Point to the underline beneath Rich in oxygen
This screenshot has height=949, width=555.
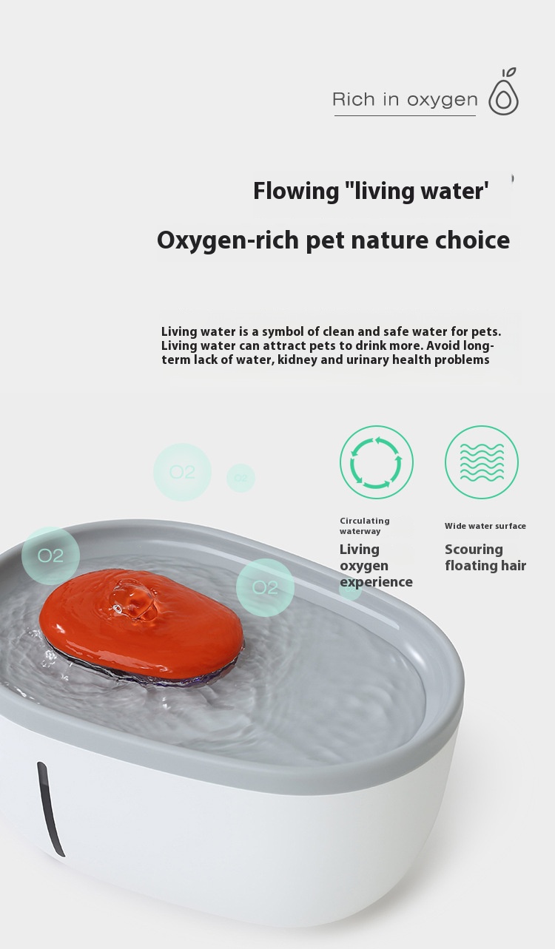(405, 115)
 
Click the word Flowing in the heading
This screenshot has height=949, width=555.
(296, 191)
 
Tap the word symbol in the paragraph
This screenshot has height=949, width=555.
(283, 331)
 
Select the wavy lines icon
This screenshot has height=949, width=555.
(482, 462)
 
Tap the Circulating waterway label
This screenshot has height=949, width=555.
(365, 526)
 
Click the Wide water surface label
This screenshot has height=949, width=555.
(485, 526)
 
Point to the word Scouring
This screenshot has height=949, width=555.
(474, 550)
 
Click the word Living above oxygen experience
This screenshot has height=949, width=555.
(360, 550)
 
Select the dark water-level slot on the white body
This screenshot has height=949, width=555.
(50, 809)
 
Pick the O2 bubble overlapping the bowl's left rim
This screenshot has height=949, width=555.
(50, 555)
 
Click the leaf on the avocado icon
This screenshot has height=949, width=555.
(511, 72)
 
